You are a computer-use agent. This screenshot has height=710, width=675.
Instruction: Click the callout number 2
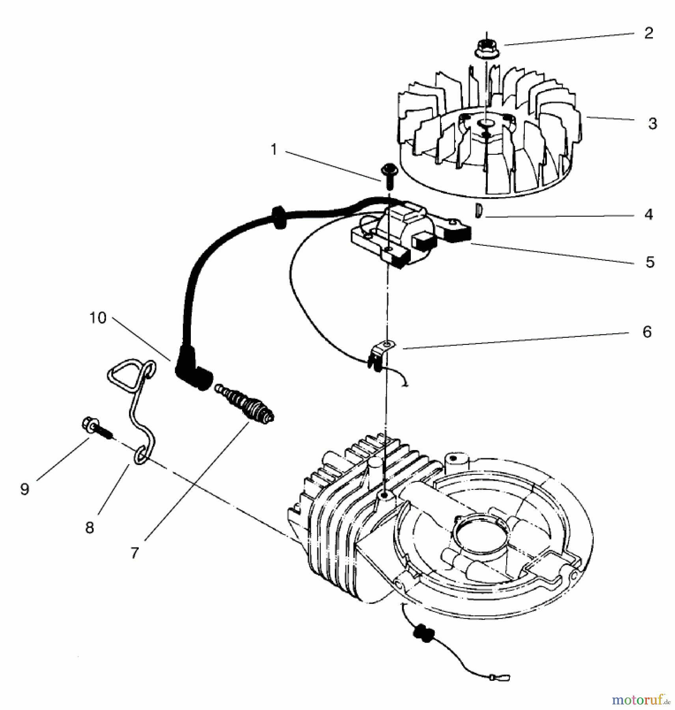coord(649,34)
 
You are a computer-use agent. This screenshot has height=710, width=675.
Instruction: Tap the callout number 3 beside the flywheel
coord(653,124)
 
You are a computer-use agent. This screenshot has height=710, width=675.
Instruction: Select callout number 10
coord(98,318)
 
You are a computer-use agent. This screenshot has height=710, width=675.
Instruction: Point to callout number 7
coord(135,553)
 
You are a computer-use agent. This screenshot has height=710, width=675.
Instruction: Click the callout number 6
coord(647,332)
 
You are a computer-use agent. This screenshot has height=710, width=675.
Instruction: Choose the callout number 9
coord(24,489)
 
